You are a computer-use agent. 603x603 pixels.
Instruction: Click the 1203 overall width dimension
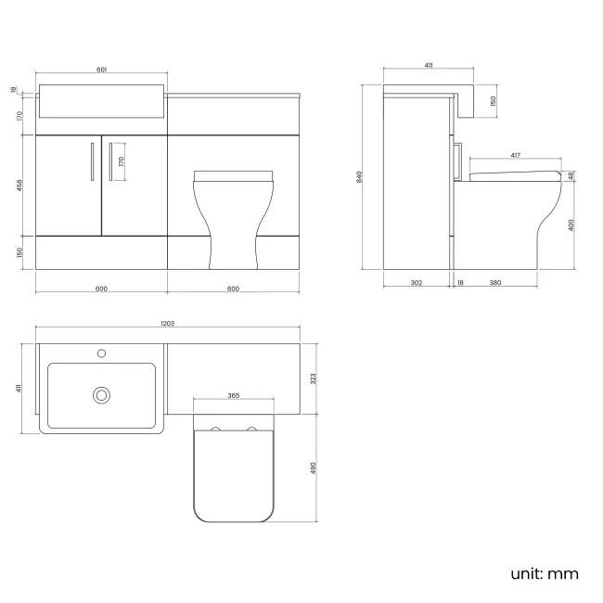point(168,323)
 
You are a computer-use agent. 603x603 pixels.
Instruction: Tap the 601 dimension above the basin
point(101,69)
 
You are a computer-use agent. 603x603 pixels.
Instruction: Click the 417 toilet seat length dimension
point(515,156)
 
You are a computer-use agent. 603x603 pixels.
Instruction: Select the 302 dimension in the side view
point(417,283)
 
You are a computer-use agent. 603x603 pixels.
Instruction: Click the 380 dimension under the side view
point(495,283)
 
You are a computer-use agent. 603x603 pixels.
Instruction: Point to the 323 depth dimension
point(314,378)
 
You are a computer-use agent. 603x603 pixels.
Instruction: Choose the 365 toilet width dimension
point(233,396)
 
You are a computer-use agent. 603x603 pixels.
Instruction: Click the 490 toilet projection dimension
point(314,468)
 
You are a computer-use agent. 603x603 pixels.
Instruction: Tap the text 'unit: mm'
point(545,573)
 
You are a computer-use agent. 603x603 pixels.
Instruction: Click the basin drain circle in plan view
point(101,395)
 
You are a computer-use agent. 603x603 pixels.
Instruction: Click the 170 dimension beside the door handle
point(122,161)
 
